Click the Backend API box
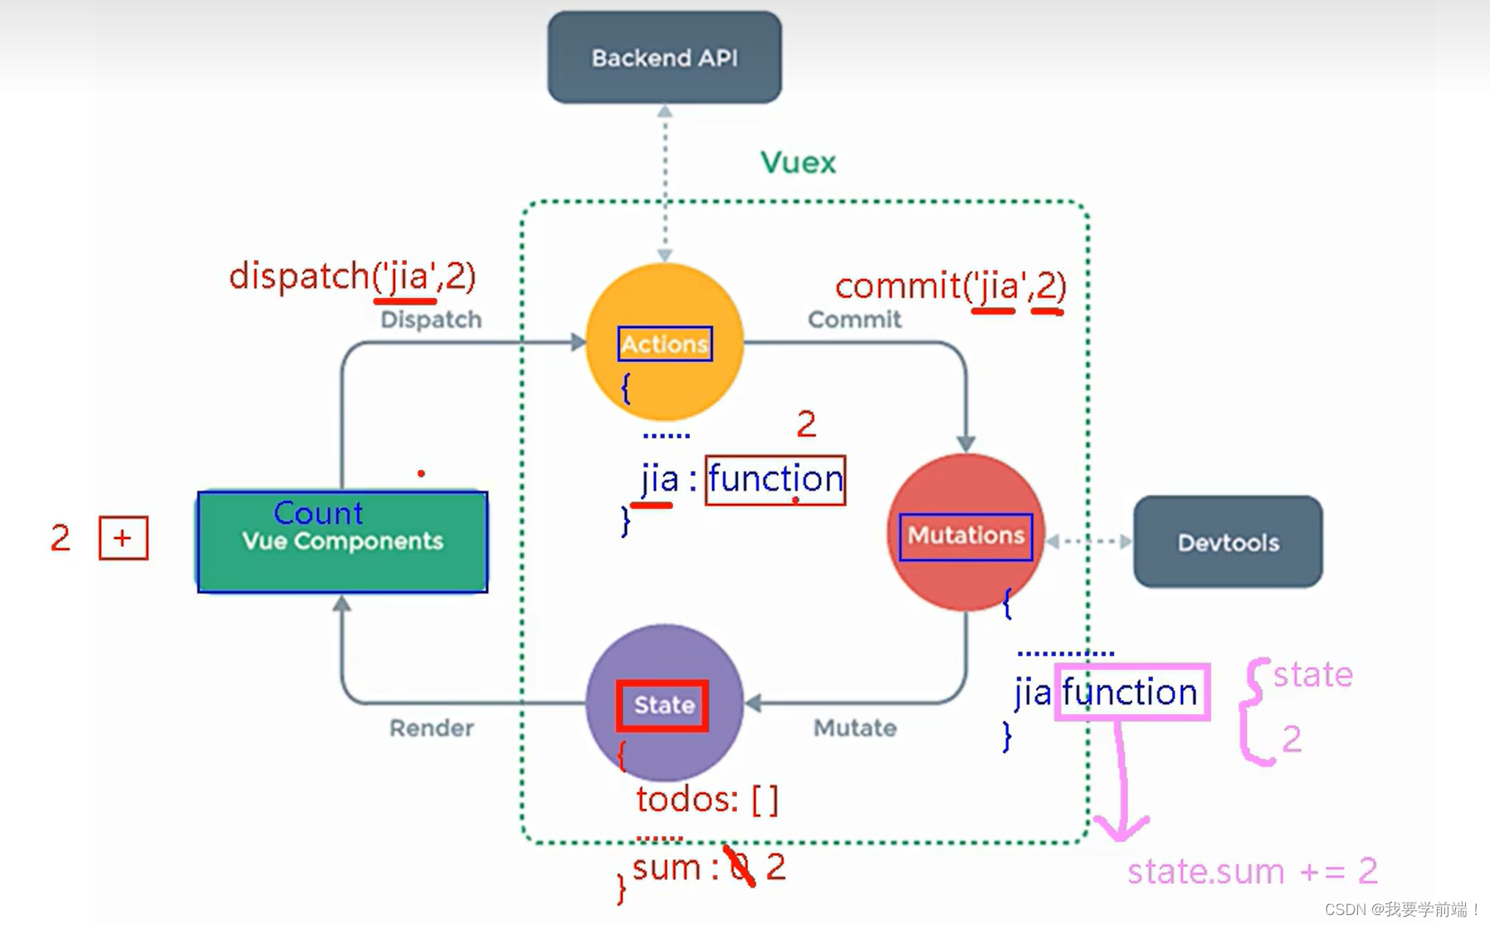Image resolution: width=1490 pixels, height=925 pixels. tap(664, 57)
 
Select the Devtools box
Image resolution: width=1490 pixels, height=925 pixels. tap(1228, 542)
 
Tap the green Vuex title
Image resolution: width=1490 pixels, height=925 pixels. tap(798, 162)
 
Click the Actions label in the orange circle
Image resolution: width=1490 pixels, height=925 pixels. tap(665, 344)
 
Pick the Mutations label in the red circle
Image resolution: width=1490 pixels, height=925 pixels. tap(965, 536)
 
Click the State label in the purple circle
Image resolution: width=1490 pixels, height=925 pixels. tap(663, 706)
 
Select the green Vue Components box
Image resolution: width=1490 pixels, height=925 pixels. tap(342, 542)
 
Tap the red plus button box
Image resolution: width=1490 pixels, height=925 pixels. tap(123, 538)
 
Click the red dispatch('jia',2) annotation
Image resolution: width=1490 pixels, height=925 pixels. tap(352, 276)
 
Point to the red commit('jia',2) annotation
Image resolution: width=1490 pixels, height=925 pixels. tap(950, 286)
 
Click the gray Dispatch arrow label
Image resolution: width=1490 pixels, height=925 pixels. tap(431, 320)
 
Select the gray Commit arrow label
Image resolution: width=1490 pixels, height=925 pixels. tap(854, 320)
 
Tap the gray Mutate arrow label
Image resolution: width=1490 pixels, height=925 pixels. tap(854, 728)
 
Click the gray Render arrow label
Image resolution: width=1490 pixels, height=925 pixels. tap(432, 728)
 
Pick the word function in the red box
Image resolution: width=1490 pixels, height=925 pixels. tap(775, 479)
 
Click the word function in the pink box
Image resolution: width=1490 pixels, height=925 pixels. tap(1130, 692)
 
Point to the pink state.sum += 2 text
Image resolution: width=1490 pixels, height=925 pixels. tap(1252, 871)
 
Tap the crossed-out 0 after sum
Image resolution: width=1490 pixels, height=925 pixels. tap(740, 867)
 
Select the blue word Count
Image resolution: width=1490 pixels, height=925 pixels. tap(318, 513)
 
